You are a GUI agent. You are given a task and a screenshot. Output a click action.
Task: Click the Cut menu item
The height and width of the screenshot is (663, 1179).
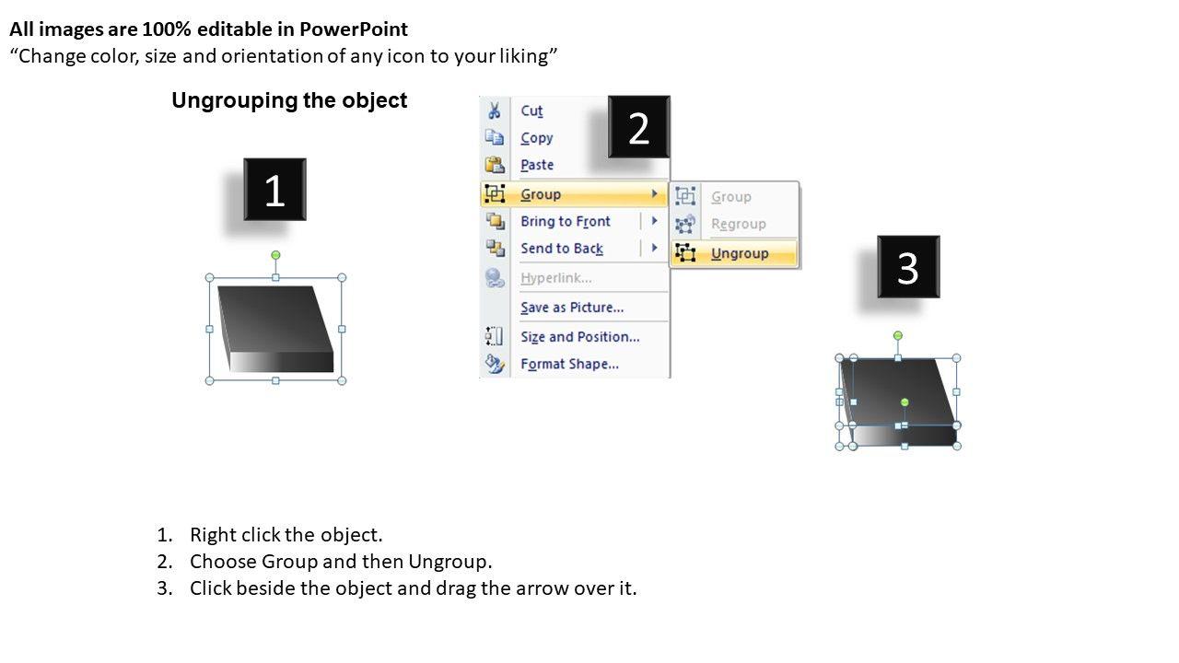pyautogui.click(x=531, y=110)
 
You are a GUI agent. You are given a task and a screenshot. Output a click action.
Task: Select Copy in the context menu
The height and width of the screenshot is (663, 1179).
pyautogui.click(x=537, y=138)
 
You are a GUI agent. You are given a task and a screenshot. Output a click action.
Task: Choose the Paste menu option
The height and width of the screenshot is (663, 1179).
pyautogui.click(x=537, y=165)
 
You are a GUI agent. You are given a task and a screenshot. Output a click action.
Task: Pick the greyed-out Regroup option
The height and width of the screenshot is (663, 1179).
pyautogui.click(x=739, y=224)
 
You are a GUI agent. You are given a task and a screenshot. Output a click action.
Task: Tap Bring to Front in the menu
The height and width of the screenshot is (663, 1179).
pyautogui.click(x=566, y=222)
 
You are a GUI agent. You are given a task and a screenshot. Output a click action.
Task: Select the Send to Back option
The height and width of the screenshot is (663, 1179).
pyautogui.click(x=562, y=249)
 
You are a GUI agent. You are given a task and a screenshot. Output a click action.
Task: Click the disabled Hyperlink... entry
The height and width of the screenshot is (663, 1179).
pyautogui.click(x=555, y=278)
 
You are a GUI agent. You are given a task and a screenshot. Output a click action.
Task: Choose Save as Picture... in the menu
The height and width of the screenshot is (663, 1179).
pyautogui.click(x=572, y=308)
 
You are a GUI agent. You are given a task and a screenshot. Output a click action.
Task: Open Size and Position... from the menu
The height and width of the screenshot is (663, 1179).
pyautogui.click(x=580, y=337)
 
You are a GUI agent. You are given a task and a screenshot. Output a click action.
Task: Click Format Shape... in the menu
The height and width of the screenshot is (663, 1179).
pyautogui.click(x=569, y=364)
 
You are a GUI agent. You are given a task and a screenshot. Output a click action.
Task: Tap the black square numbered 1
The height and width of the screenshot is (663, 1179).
pyautogui.click(x=274, y=190)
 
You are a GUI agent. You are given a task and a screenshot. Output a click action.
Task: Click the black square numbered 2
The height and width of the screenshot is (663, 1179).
pyautogui.click(x=639, y=127)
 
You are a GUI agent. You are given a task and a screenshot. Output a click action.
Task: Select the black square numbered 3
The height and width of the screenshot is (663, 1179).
pyautogui.click(x=908, y=267)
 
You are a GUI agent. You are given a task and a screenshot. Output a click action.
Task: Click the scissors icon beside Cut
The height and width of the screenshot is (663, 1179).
pyautogui.click(x=495, y=110)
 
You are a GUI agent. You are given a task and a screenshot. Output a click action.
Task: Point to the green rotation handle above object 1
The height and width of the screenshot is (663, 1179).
pyautogui.click(x=275, y=255)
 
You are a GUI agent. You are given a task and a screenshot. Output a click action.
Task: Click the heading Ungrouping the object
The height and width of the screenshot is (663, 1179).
pyautogui.click(x=289, y=100)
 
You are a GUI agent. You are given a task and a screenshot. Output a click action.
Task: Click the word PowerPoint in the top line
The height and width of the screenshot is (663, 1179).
pyautogui.click(x=354, y=29)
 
